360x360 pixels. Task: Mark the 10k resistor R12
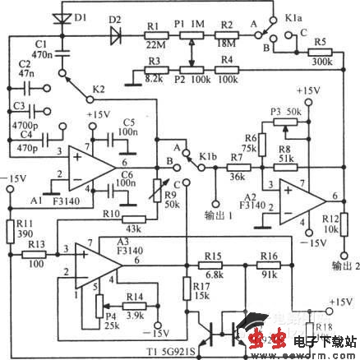345,223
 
